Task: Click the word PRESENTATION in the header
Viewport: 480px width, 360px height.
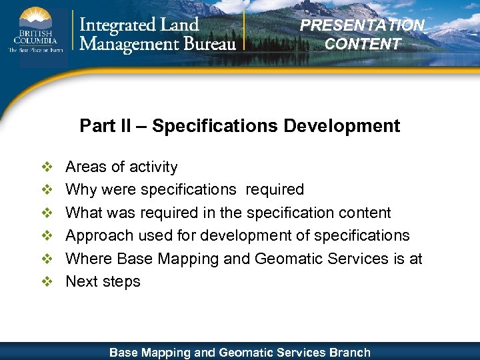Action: coord(362,25)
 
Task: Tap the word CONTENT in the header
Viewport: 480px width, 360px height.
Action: coord(363,44)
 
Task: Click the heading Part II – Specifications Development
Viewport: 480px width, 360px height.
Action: coord(239,125)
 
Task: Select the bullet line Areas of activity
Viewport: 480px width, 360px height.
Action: coord(121,167)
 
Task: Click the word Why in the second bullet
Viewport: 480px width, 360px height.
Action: coord(81,189)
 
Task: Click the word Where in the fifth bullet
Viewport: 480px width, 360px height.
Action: coord(89,259)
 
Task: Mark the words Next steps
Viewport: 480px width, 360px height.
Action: coord(103,281)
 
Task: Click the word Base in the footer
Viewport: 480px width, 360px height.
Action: coord(124,352)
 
